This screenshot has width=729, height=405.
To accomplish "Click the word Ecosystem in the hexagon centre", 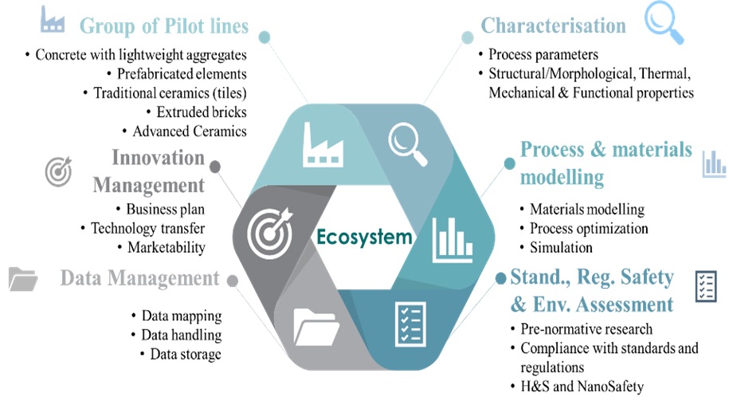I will tap(364, 237).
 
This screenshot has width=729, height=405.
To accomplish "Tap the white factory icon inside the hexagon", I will tap(324, 144).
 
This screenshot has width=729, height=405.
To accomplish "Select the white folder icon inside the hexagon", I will tap(316, 324).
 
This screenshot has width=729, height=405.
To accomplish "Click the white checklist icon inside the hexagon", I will tap(410, 323).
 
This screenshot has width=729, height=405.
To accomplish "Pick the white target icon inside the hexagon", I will tap(270, 232).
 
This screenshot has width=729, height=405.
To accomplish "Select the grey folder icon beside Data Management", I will tap(24, 279).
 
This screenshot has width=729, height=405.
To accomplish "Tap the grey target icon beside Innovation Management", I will tap(57, 170).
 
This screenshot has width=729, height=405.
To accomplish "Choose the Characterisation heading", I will tap(553, 26).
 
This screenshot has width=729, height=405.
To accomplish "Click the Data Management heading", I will tap(139, 278).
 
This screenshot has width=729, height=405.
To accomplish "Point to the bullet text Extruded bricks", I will tap(201, 112).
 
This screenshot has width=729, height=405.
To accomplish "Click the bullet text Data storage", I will tap(185, 354).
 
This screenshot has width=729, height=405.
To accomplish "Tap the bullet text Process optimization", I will tap(589, 228).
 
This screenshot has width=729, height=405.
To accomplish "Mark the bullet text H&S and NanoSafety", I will tap(581, 387).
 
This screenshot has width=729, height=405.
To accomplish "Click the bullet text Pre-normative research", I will tap(586, 328).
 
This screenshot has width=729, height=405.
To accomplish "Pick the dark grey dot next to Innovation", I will tap(215, 166).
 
